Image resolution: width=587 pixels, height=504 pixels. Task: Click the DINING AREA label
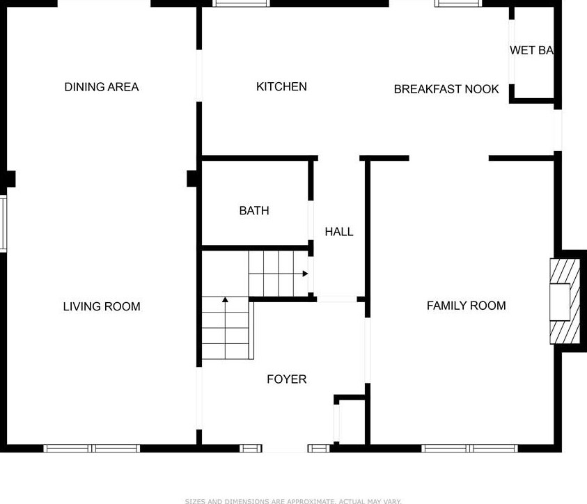click(102, 87)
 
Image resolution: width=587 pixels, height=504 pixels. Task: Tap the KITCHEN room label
click(281, 86)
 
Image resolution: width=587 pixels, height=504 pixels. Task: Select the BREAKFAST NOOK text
click(446, 89)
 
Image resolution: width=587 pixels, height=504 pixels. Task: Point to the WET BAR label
click(531, 50)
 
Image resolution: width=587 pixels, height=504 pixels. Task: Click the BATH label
click(253, 210)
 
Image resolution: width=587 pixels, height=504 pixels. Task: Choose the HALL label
click(339, 232)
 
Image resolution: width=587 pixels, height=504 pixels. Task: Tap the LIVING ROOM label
click(102, 306)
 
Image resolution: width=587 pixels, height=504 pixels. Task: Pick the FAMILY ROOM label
click(466, 306)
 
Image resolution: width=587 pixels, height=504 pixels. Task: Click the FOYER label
click(286, 379)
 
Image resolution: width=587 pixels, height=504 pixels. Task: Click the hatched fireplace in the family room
click(564, 301)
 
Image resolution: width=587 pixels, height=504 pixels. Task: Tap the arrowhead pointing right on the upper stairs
click(305, 274)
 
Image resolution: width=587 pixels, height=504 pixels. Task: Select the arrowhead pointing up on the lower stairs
click(225, 300)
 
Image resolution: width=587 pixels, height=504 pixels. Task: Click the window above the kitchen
click(241, 3)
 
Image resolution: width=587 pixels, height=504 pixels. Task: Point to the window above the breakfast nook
click(458, 3)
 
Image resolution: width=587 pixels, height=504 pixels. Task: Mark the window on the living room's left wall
click(3, 223)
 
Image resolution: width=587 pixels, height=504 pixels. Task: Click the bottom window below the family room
click(470, 448)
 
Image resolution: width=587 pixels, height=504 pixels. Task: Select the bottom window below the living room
click(92, 448)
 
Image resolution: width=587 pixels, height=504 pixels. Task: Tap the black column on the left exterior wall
click(8, 179)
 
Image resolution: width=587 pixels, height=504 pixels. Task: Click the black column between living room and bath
click(193, 179)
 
